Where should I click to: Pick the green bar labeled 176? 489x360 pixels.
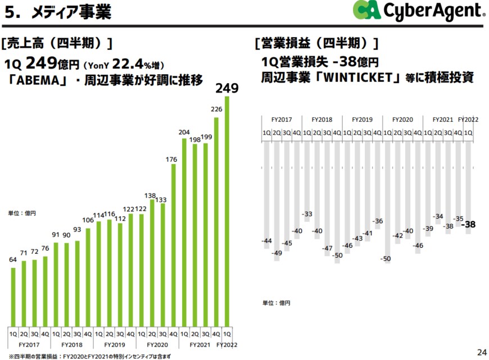(x=174, y=247)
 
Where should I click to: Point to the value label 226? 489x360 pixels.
(x=217, y=109)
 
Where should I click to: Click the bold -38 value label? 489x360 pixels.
(x=468, y=225)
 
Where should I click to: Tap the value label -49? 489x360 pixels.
(x=276, y=253)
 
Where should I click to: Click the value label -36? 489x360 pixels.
(x=378, y=221)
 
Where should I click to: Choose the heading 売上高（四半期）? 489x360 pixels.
(x=57, y=43)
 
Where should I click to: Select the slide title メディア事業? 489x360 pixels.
(x=70, y=12)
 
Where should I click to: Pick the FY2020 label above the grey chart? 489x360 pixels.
(x=402, y=120)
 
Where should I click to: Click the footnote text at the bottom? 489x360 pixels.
(x=90, y=356)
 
